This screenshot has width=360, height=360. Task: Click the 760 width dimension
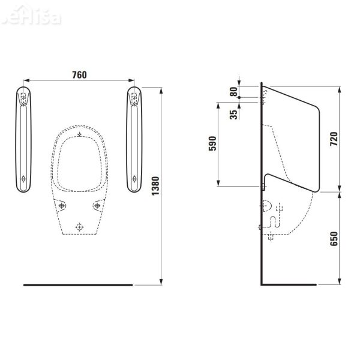(x=79, y=75)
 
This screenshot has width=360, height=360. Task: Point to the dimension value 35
(x=233, y=112)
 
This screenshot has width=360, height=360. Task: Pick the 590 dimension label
(x=212, y=144)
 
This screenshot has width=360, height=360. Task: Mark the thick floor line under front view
(x=78, y=284)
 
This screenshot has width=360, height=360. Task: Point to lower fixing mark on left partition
(x=23, y=178)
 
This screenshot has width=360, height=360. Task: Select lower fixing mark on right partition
(x=134, y=178)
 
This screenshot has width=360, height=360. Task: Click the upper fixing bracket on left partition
(x=23, y=98)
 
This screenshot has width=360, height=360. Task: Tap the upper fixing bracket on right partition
(x=134, y=98)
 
